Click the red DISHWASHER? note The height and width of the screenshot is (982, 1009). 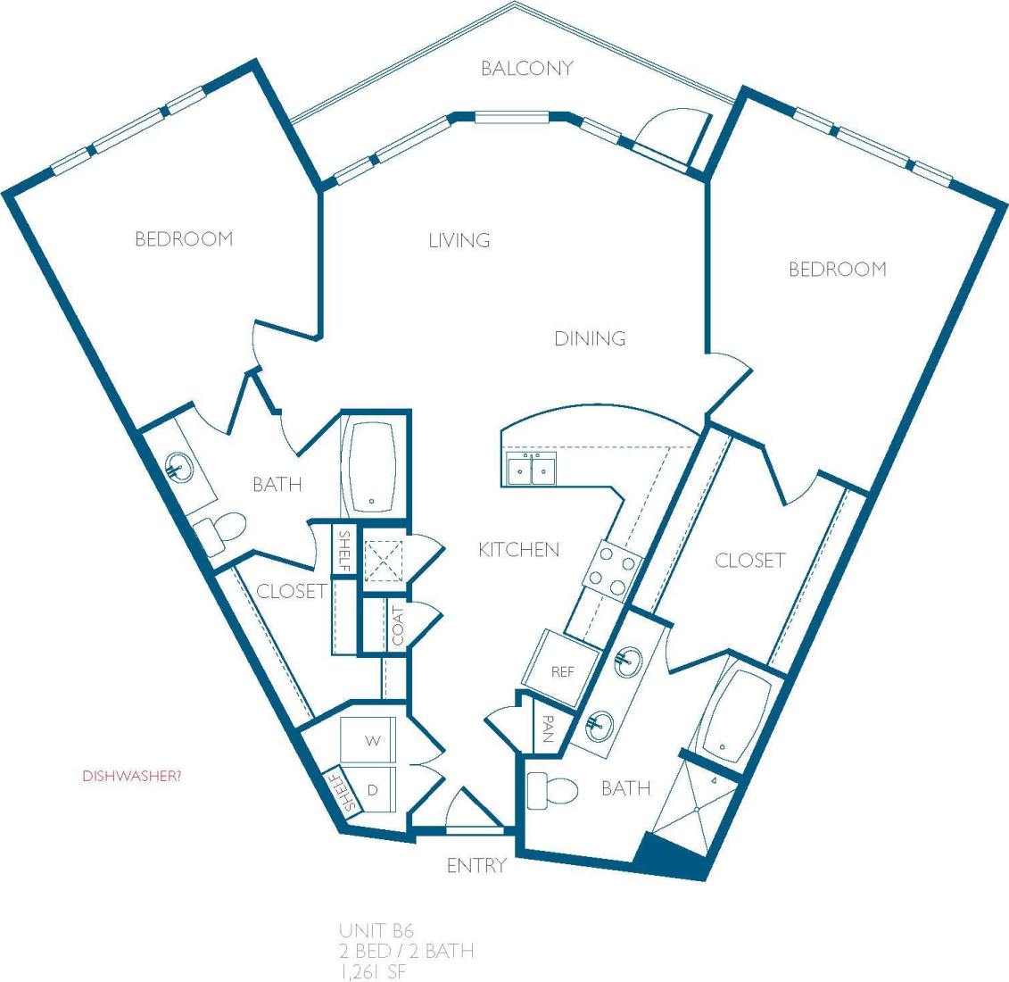pos(132,776)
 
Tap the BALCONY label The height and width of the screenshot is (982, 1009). pos(526,69)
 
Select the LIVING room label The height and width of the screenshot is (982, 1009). pos(459,240)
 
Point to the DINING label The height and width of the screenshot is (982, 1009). pos(590,338)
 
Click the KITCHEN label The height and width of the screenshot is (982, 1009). pos(519,550)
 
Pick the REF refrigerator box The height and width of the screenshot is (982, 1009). pos(562,670)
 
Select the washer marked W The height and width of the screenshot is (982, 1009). pos(374,741)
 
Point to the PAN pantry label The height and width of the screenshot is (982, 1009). pos(547,731)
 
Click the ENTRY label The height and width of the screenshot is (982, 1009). pos(476,865)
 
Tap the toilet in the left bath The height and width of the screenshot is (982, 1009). pos(219,532)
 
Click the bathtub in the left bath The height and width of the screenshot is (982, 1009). pos(374,465)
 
